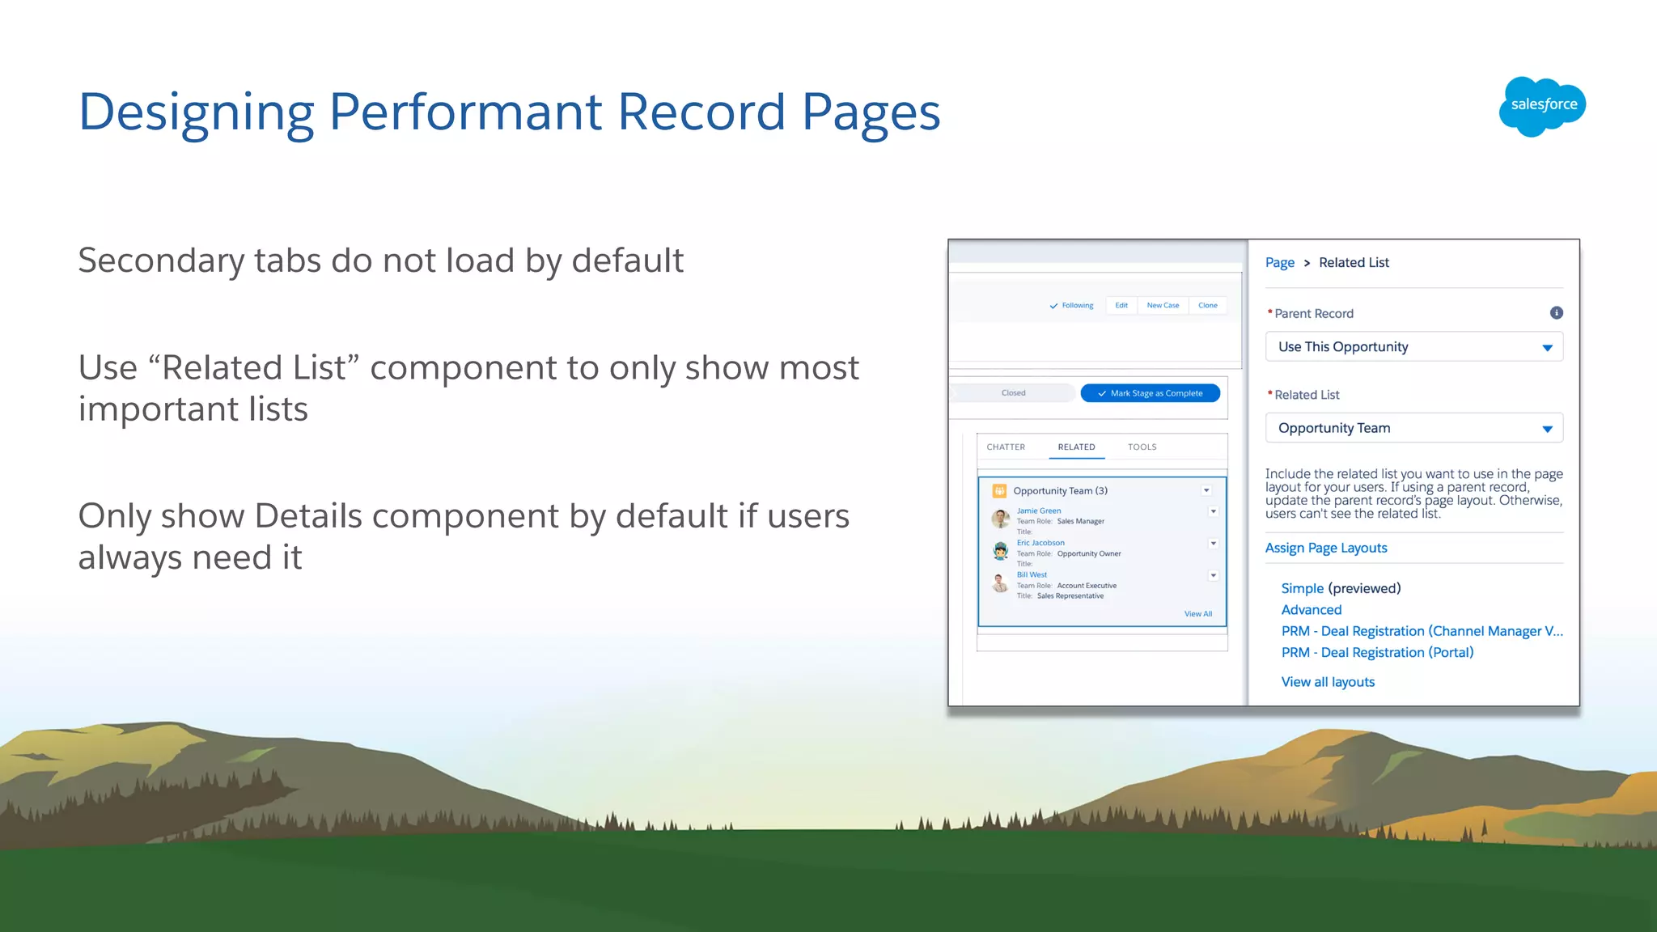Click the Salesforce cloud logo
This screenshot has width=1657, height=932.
pyautogui.click(x=1542, y=106)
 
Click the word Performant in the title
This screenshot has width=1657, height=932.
pyautogui.click(x=465, y=112)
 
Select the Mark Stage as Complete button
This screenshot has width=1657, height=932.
pyautogui.click(x=1150, y=393)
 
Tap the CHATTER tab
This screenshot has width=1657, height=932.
pyautogui.click(x=1006, y=447)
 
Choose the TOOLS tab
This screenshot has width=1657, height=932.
pyautogui.click(x=1142, y=447)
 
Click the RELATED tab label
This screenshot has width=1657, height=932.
pyautogui.click(x=1076, y=447)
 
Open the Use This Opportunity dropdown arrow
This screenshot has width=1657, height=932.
pyautogui.click(x=1547, y=348)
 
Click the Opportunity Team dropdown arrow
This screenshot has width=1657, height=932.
pyautogui.click(x=1547, y=429)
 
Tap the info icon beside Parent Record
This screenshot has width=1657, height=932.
pyautogui.click(x=1556, y=313)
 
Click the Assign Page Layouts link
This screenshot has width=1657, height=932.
pyautogui.click(x=1325, y=548)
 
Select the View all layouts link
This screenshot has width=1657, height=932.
pyautogui.click(x=1328, y=682)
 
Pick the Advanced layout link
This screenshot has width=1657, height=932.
pyautogui.click(x=1311, y=610)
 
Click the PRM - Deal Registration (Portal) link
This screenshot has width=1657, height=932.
pyautogui.click(x=1377, y=653)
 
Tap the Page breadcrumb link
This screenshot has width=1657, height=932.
pyautogui.click(x=1279, y=263)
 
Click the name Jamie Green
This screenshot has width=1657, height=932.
pyautogui.click(x=1039, y=511)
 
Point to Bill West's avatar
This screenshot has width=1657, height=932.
pyautogui.click(x=1000, y=582)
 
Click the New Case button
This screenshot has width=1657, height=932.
pyautogui.click(x=1163, y=306)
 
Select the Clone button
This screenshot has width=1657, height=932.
pyautogui.click(x=1207, y=306)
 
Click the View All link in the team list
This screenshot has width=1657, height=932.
pyautogui.click(x=1197, y=614)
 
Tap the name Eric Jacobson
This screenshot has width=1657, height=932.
pyautogui.click(x=1040, y=543)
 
